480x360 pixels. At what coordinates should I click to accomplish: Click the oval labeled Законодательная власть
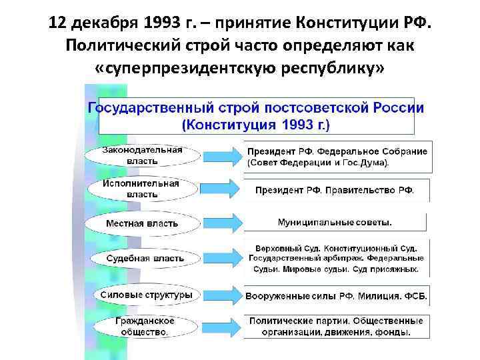141,155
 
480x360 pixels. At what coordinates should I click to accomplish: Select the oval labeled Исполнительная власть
141,189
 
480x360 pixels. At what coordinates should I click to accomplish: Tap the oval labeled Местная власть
141,223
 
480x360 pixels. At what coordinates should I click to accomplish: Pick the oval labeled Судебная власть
141,258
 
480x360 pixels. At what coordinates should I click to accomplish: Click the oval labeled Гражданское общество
141,325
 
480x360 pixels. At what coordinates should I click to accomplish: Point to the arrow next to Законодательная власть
219,157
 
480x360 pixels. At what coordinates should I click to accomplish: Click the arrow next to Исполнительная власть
219,190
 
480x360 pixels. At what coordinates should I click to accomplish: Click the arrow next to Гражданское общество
219,325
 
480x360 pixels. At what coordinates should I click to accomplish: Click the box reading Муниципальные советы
335,222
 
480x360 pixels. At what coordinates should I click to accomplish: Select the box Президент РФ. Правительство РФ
335,189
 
